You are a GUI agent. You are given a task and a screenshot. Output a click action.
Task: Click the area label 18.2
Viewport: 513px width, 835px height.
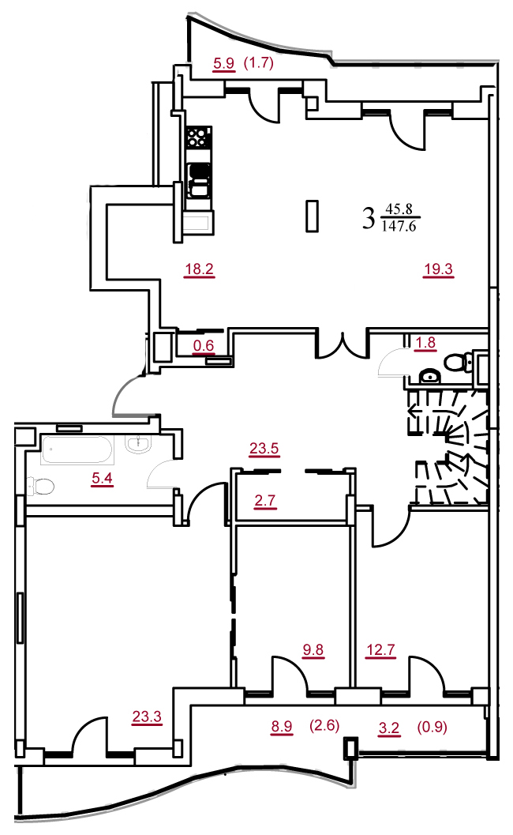coord(199,269)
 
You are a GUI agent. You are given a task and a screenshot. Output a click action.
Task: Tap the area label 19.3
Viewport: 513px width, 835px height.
coord(439,269)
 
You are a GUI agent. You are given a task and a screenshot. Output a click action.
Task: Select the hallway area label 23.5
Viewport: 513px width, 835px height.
coord(264,449)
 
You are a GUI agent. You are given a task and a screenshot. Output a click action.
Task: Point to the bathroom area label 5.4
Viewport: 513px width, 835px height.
coord(102,478)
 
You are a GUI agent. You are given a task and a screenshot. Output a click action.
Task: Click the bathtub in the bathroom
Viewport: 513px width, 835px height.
coord(77,450)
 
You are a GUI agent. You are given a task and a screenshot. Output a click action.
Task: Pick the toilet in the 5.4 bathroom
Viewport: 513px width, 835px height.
coord(42,486)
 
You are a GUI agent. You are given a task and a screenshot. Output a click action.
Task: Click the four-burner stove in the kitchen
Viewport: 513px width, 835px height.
coord(198,137)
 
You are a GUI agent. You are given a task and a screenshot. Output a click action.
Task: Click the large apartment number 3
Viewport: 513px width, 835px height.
coord(369,218)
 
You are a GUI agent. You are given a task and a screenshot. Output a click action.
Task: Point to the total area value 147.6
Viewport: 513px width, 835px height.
coord(399,226)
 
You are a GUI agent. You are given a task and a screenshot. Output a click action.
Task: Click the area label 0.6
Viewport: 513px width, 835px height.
coord(204,345)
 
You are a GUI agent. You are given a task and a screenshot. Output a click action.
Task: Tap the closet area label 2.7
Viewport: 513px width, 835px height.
coord(265,501)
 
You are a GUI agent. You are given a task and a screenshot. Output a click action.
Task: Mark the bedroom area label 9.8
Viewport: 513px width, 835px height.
coord(313,649)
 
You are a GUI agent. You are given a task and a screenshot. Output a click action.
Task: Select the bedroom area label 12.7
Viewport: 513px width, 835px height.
coord(380,649)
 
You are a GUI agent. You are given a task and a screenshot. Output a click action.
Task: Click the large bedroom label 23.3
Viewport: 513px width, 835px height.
coord(147,717)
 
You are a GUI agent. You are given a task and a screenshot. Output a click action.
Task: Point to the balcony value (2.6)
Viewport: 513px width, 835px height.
coord(324,725)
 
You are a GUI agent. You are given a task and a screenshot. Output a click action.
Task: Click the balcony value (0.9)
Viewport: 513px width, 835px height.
coord(432,726)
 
